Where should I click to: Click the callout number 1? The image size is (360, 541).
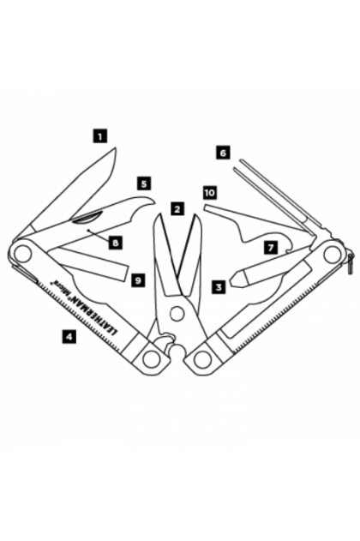point(100,136)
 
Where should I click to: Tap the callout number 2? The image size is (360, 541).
point(177,209)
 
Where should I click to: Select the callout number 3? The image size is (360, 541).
point(219,286)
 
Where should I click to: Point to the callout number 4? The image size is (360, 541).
point(69,336)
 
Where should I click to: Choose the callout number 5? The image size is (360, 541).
point(144,183)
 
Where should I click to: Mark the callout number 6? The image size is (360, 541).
point(223,153)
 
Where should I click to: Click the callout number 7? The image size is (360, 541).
point(271,248)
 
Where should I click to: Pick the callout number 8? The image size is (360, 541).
point(116,243)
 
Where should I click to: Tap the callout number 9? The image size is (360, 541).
point(138,280)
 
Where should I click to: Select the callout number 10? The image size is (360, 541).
point(210,193)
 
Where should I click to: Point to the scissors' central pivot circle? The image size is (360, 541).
point(177,313)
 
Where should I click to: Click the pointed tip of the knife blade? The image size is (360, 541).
point(116,148)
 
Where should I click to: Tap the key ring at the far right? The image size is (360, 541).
point(351,263)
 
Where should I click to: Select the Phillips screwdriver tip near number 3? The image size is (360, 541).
point(238,279)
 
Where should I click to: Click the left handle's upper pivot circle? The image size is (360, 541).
point(21,252)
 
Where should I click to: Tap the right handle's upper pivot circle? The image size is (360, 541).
point(333,255)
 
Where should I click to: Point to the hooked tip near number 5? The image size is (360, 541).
point(151,203)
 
